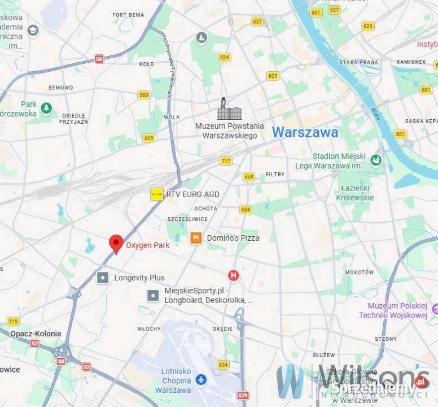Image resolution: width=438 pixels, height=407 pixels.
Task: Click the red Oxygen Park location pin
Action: point(116,244)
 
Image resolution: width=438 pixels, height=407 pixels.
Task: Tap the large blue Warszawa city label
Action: point(305,133)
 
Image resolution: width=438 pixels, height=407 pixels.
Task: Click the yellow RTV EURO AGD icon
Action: point(157,194)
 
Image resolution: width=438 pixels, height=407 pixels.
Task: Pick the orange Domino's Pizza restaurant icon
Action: point(196,238)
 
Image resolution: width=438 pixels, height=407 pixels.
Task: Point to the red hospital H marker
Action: point(233,275)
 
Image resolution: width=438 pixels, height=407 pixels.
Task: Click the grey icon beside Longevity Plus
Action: point(103,278)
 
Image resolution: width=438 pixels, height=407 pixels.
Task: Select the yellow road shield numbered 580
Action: point(143,95)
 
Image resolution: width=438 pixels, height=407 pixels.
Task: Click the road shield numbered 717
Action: point(226,161)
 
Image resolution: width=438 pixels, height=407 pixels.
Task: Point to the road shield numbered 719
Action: point(13,321)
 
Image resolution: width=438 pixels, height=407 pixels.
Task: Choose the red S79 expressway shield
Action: point(243,396)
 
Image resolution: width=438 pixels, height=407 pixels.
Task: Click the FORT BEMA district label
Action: point(128,15)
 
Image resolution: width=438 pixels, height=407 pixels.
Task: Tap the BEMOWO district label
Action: point(61,88)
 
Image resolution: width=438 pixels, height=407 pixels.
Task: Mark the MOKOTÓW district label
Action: point(360,272)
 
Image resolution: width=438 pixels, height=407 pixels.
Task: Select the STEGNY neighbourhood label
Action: point(386,339)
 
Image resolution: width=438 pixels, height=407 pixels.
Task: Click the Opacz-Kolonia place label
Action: point(36,334)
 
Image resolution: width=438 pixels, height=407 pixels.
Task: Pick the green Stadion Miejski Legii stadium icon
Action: point(376,161)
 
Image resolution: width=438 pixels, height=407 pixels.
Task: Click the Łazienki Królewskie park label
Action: point(354,193)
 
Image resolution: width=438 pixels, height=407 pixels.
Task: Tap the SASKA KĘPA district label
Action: point(421,121)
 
